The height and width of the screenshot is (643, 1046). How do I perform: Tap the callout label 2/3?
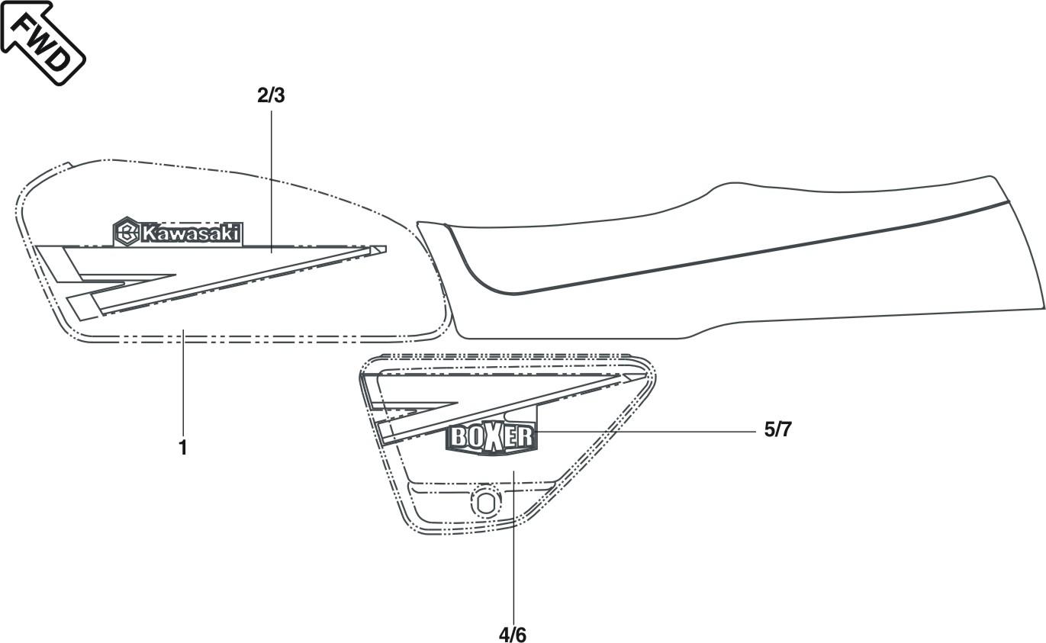[x=271, y=96]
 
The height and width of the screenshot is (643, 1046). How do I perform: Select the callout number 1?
[x=183, y=447]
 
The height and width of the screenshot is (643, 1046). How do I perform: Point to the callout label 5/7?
[x=778, y=430]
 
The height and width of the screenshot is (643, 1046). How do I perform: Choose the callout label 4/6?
[x=513, y=633]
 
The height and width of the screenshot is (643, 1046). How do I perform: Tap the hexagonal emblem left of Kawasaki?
[x=127, y=233]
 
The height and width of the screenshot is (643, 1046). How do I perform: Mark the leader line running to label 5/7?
[x=649, y=432]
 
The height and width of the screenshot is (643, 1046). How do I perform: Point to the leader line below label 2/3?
[x=272, y=175]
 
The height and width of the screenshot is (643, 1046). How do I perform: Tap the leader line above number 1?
[x=183, y=389]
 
